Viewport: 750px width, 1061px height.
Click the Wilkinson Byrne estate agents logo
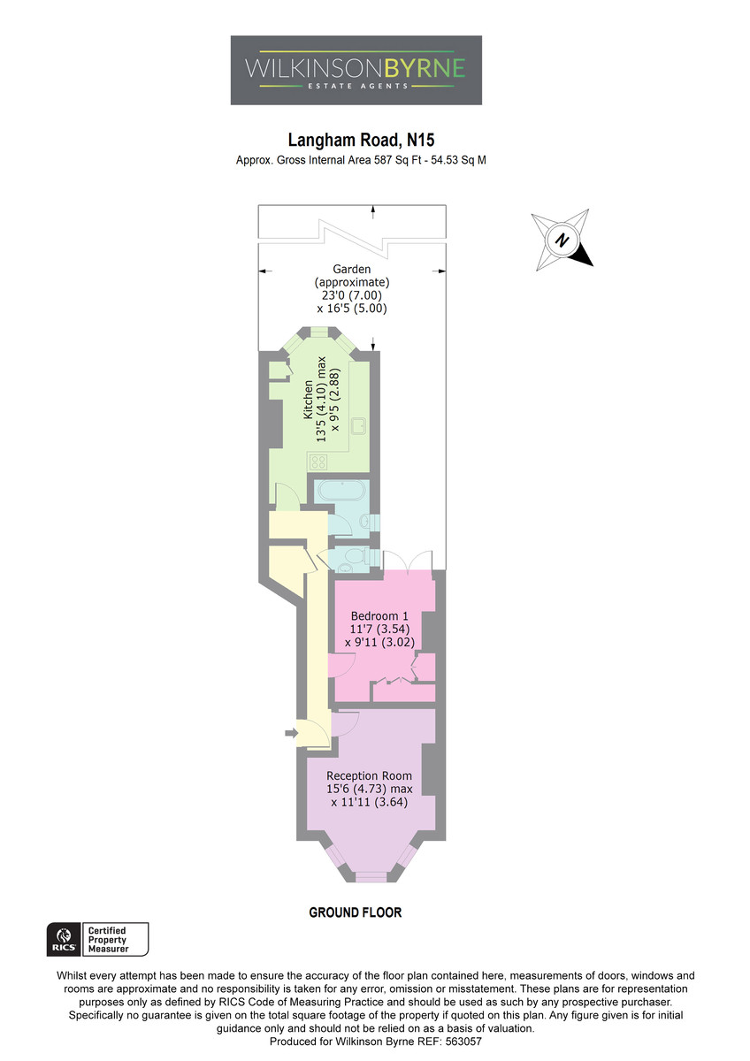356,70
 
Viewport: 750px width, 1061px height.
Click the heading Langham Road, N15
361,141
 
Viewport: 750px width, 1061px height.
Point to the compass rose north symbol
562,240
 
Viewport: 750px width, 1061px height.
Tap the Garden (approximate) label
351,276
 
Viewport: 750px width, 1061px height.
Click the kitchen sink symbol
358,425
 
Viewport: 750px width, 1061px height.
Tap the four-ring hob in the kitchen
318,462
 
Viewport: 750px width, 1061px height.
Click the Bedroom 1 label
379,615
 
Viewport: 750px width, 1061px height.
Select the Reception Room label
369,776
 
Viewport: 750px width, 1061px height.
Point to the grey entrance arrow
291,733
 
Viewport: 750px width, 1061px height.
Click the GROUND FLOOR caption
356,912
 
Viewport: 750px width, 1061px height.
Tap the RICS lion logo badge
64,939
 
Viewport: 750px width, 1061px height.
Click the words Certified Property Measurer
109,939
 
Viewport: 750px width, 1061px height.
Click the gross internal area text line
361,160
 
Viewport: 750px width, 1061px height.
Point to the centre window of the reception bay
371,878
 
